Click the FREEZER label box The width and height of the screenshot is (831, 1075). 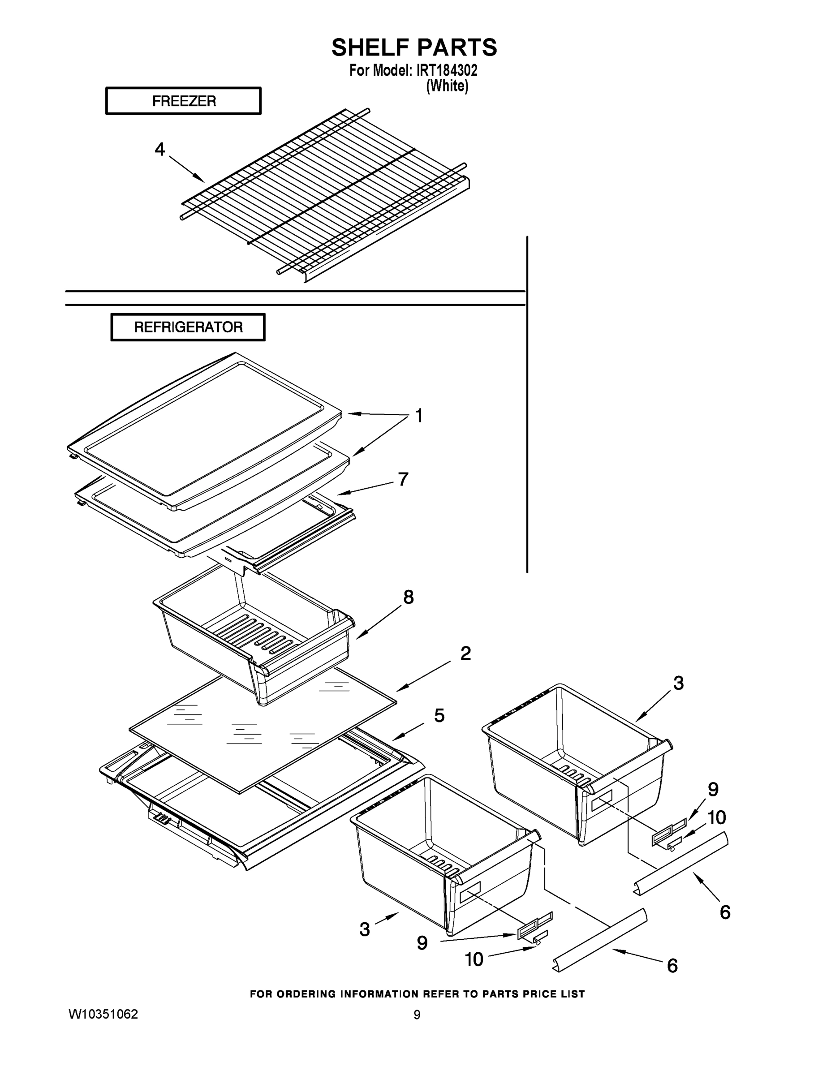tap(183, 101)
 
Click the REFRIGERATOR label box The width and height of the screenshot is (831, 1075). tap(188, 327)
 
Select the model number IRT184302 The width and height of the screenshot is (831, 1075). tap(447, 70)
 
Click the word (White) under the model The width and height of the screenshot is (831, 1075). tap(447, 86)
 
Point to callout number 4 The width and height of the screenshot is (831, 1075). tap(159, 149)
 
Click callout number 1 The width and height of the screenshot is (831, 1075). tap(419, 416)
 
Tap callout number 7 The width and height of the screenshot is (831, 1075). tap(403, 479)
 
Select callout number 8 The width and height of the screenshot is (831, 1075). tap(408, 598)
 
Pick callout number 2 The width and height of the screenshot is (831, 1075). tap(465, 654)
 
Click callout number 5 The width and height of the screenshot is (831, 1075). tap(439, 716)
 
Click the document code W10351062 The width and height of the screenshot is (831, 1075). tap(103, 1015)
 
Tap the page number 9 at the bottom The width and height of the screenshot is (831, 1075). tap(417, 1015)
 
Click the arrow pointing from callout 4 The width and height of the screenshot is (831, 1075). tap(187, 169)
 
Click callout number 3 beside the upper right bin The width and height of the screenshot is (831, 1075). tap(678, 683)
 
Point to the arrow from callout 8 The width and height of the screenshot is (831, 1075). tap(379, 623)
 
